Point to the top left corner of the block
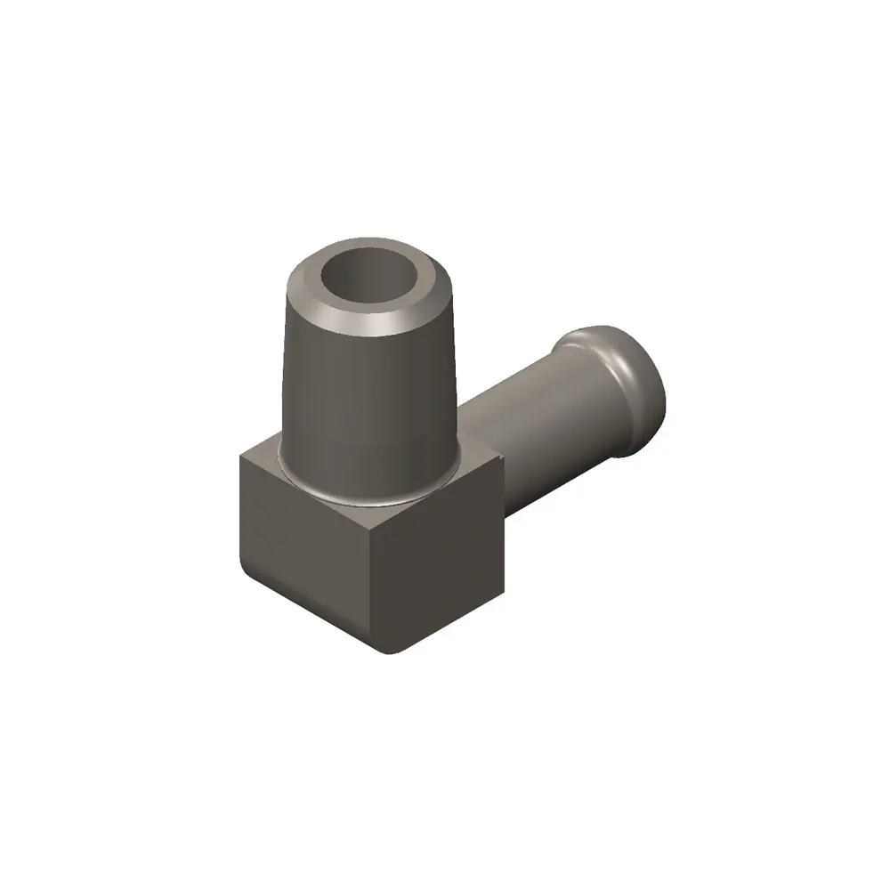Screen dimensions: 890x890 tap(241, 455)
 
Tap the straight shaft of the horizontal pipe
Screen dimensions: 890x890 tap(534, 418)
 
